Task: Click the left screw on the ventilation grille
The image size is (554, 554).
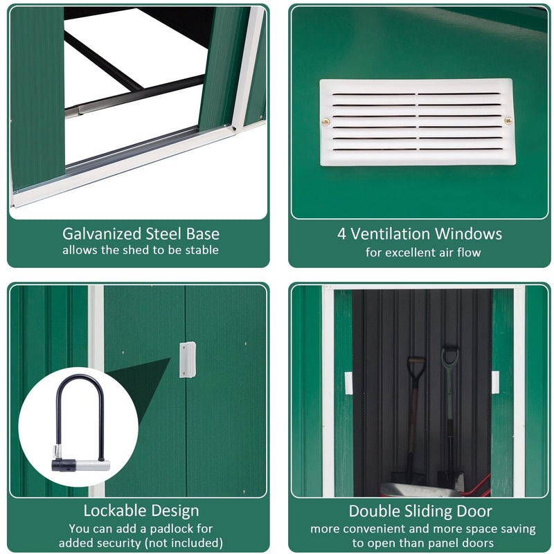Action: pyautogui.click(x=326, y=122)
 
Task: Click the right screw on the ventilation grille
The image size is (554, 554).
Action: pyautogui.click(x=508, y=121)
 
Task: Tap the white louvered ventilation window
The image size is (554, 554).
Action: pyautogui.click(x=417, y=122)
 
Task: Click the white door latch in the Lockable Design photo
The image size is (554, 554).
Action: pyautogui.click(x=187, y=360)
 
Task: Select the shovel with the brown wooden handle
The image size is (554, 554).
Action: pyautogui.click(x=413, y=415)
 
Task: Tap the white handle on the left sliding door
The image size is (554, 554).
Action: pyautogui.click(x=348, y=383)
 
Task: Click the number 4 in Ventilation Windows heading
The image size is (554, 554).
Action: pyautogui.click(x=342, y=234)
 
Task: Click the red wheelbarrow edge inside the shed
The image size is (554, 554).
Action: pyautogui.click(x=478, y=485)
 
